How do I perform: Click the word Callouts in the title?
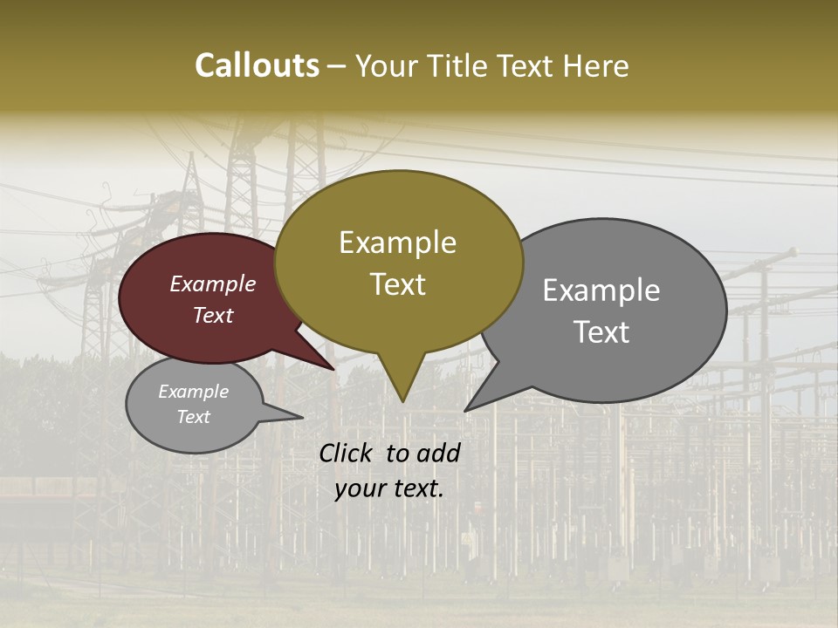(257, 65)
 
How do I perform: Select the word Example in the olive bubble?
(397, 242)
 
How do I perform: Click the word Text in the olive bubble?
(397, 283)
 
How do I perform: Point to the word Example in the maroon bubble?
(212, 283)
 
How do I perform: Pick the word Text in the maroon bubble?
(212, 315)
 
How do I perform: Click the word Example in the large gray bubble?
(601, 290)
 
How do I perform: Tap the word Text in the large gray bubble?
(601, 331)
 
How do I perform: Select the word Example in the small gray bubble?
(193, 392)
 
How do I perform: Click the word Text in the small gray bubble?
(193, 417)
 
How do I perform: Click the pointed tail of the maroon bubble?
(333, 368)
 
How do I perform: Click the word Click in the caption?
(347, 453)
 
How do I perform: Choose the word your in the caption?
(360, 488)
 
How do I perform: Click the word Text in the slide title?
(530, 65)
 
